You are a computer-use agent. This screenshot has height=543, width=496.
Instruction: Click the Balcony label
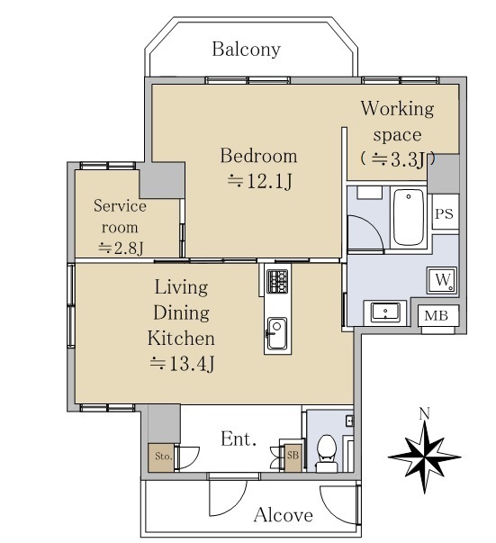pos(246,50)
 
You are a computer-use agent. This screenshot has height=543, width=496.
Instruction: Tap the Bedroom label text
pos(258,156)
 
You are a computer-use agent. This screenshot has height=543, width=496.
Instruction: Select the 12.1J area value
pos(259,181)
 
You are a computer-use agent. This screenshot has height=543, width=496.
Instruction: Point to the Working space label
pos(397,122)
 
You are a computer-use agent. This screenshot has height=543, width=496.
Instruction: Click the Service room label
pos(120,216)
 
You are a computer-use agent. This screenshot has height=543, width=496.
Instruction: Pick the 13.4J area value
pos(182,364)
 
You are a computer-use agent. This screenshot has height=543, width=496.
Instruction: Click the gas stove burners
pos(277,282)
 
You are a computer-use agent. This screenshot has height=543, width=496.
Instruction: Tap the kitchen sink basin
pos(277,334)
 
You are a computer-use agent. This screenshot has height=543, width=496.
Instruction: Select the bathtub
pos(409,217)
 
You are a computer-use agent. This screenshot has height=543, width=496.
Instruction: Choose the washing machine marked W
pos(442,280)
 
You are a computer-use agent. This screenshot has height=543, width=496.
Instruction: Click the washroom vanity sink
pos(385,312)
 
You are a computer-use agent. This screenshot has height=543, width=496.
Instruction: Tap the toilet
pos(327,452)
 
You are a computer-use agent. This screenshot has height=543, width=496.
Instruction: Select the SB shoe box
pos(293,457)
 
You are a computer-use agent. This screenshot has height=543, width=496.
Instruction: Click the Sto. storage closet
pos(161,457)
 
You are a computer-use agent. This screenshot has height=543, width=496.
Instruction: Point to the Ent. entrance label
pos(239,439)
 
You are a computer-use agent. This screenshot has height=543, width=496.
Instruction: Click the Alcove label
pos(284,514)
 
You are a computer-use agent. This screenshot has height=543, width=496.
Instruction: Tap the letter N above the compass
pos(425,413)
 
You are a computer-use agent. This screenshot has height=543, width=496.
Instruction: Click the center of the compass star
pos(424,457)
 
